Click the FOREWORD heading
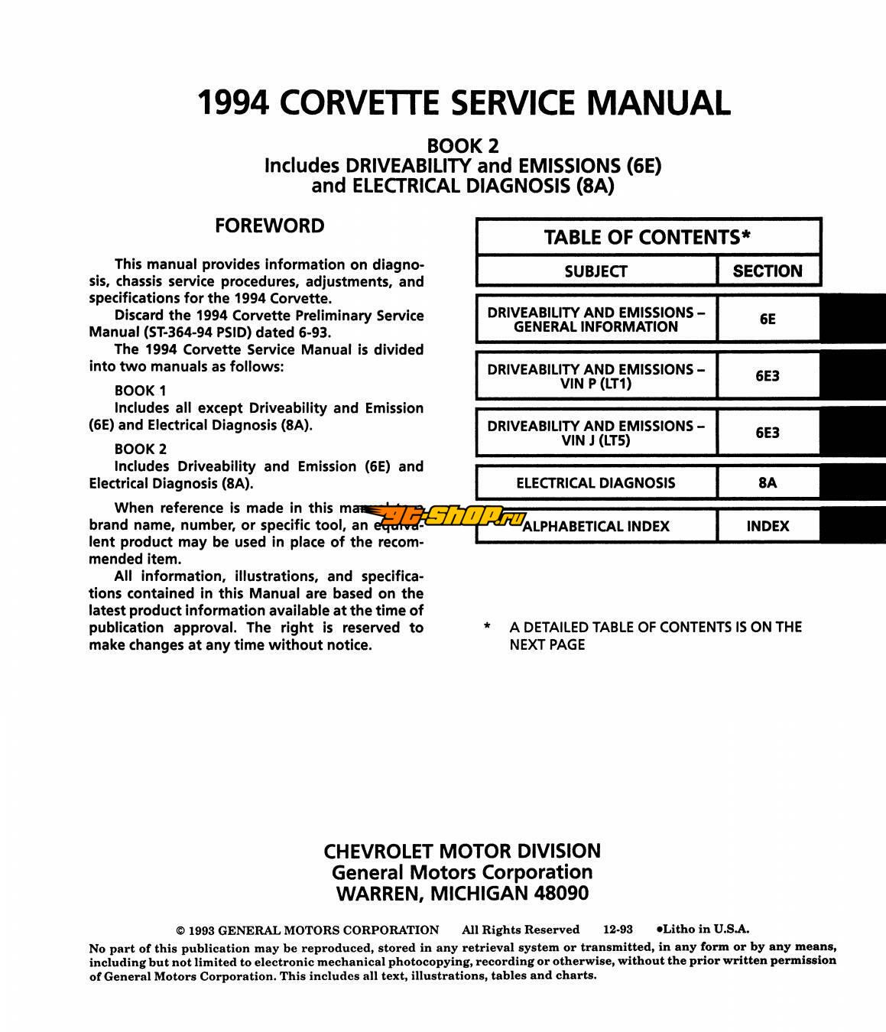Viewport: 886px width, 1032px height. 269,226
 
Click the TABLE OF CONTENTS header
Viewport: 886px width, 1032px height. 647,237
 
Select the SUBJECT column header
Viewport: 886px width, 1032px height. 596,271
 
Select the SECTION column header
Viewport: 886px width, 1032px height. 768,271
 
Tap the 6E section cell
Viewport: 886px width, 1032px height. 768,320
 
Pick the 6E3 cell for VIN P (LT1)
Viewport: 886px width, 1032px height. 768,376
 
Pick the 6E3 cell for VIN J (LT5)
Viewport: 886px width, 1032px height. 768,433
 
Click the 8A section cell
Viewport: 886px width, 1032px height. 768,483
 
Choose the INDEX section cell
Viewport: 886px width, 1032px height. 768,526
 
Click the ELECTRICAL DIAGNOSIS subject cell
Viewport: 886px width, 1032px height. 596,483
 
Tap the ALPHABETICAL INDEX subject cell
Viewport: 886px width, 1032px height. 596,526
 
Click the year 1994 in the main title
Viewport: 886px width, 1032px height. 233,103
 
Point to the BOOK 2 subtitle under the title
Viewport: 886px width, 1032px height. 462,145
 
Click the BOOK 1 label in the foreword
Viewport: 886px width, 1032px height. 140,391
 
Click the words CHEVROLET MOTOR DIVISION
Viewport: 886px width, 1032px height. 462,852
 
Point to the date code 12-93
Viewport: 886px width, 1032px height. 618,930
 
